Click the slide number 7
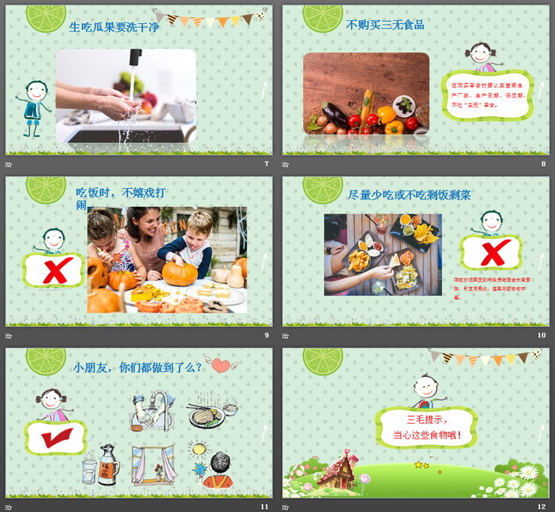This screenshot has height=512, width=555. pyautogui.click(x=266, y=164)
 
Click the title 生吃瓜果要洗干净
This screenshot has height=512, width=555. pyautogui.click(x=114, y=27)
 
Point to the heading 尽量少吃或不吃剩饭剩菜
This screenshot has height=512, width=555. pyautogui.click(x=409, y=196)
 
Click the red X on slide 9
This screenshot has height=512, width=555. pyautogui.click(x=54, y=269)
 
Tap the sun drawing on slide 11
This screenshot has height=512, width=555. pyautogui.click(x=199, y=448)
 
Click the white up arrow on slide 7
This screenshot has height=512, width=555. pyautogui.click(x=264, y=92)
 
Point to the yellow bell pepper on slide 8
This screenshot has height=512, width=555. pyautogui.click(x=386, y=115)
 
